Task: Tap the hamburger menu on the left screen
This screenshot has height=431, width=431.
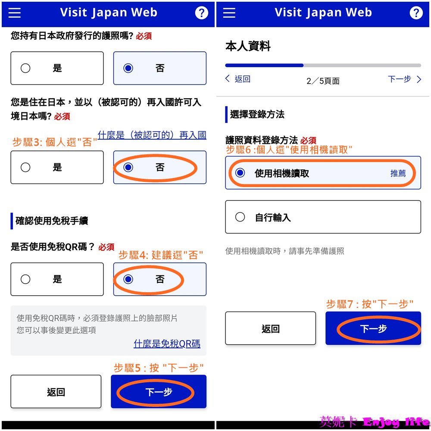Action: pos(15,12)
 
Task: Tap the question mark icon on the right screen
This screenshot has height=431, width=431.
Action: pos(416,12)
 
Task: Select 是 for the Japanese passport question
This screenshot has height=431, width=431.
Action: pos(57,68)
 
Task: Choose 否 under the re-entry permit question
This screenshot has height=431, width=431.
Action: pos(160,167)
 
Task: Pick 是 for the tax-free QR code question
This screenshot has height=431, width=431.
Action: pos(57,279)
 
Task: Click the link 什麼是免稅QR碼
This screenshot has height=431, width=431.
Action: pos(167,344)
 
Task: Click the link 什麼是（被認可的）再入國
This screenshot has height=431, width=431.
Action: pos(152,135)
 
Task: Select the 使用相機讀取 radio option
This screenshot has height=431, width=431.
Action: pos(323,173)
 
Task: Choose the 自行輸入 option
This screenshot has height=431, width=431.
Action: pos(323,217)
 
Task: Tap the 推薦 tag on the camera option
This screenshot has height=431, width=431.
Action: pos(398,173)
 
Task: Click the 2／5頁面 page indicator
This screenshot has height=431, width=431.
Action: pos(323,81)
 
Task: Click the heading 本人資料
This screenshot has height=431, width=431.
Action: pos(248,46)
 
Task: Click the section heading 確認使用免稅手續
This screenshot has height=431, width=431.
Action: pos(52,221)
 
